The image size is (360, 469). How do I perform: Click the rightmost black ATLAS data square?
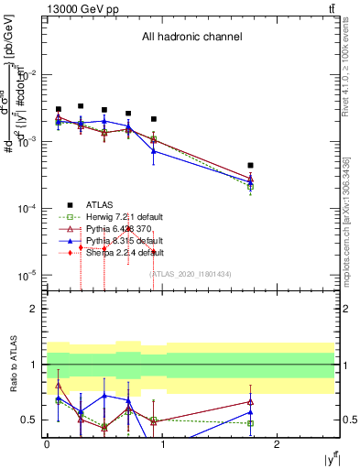click(x=250, y=166)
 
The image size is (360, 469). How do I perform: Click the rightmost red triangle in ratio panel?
click(x=250, y=401)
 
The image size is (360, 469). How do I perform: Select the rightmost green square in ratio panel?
click(x=250, y=423)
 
